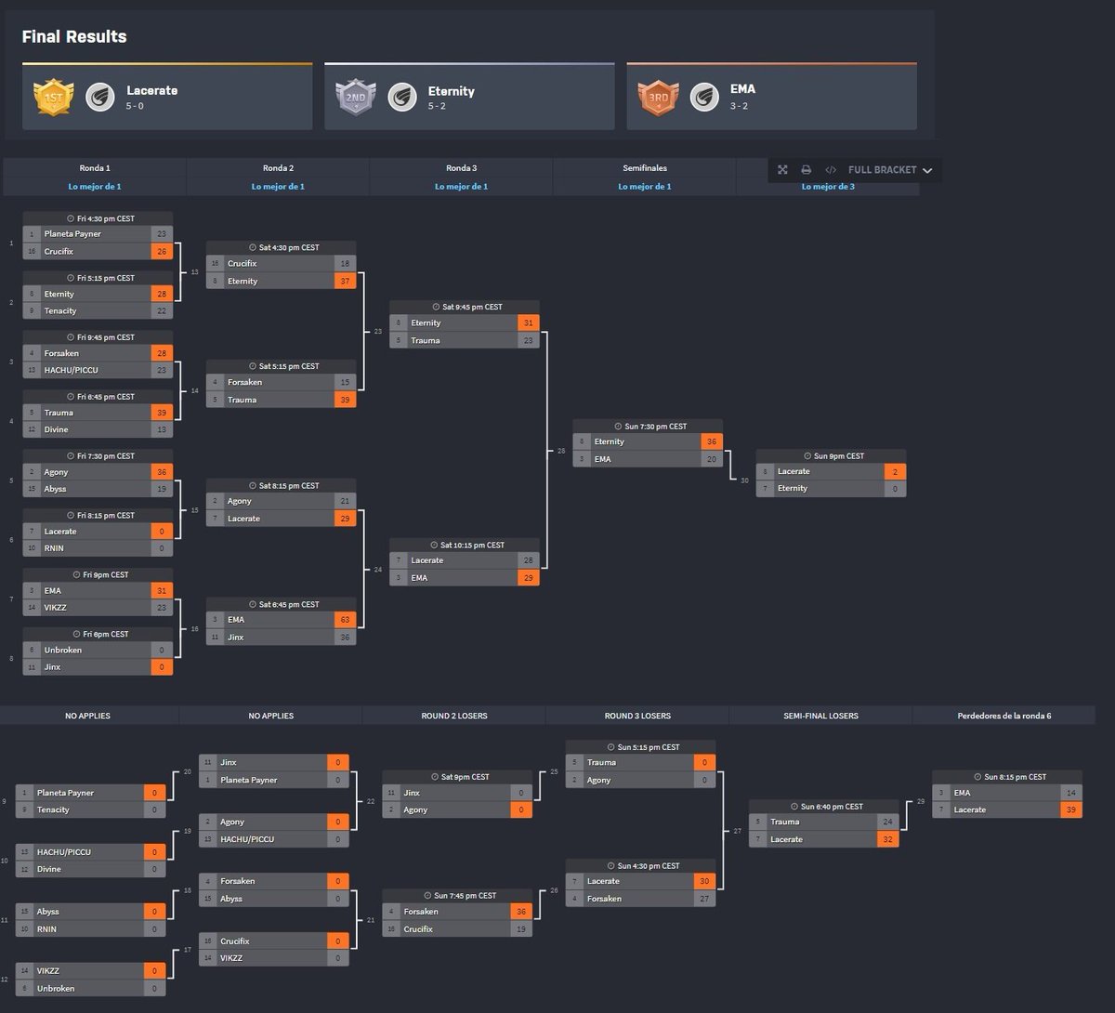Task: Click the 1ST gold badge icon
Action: point(53,97)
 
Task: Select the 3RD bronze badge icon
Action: point(658,97)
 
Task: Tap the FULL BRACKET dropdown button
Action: point(889,170)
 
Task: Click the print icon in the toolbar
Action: point(806,170)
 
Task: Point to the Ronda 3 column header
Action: point(461,168)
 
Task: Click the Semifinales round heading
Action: point(645,168)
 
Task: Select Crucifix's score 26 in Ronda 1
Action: point(162,252)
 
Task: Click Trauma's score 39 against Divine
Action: point(162,413)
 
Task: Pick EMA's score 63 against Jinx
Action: point(345,620)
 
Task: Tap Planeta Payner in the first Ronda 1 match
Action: point(72,234)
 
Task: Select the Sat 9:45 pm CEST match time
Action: point(467,307)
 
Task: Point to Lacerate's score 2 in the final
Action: point(895,472)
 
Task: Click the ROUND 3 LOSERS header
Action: point(637,716)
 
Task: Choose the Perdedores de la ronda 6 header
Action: point(1003,716)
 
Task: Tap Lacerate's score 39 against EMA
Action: point(1071,810)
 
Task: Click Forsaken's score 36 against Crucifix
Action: point(520,912)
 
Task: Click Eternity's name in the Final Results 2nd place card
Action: point(452,91)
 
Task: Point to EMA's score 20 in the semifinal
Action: point(712,459)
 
